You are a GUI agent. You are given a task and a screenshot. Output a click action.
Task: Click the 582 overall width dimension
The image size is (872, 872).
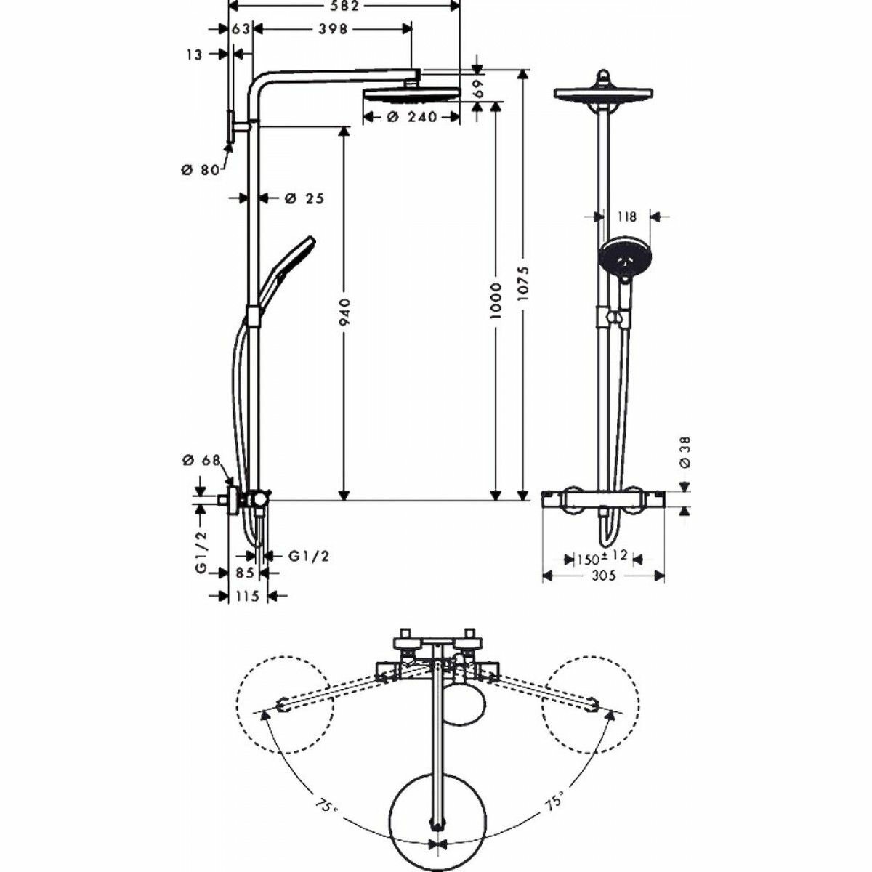(344, 6)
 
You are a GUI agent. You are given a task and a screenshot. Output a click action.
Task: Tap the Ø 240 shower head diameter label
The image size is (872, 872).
(411, 117)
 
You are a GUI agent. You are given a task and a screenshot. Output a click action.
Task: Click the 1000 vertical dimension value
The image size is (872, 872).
(496, 300)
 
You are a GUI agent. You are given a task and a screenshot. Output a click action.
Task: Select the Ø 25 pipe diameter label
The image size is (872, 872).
(304, 198)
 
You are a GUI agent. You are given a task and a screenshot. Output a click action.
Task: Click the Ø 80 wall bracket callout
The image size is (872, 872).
(199, 169)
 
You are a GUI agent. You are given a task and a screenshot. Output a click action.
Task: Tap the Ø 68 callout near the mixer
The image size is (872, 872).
(201, 460)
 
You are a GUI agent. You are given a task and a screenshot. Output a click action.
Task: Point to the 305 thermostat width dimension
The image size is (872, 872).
(603, 576)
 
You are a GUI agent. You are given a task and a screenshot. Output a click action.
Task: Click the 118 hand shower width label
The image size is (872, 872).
(626, 217)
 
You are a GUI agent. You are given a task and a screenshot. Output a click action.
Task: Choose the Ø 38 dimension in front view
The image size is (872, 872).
(685, 451)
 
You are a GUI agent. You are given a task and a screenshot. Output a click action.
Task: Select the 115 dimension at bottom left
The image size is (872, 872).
(248, 596)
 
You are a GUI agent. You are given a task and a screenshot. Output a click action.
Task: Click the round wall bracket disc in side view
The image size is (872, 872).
(231, 128)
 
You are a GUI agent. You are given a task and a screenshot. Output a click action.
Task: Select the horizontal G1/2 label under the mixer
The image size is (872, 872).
(309, 556)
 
